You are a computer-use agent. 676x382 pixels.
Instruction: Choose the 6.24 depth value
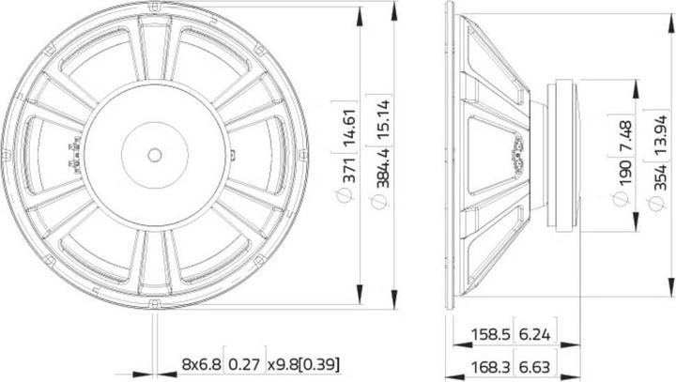point(536,332)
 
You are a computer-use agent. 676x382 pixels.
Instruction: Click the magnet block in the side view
point(564,155)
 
